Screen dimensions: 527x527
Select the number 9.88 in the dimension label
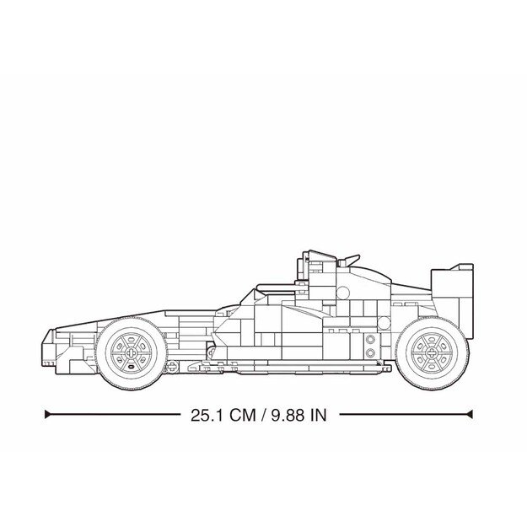285,415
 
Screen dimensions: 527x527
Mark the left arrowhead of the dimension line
48,415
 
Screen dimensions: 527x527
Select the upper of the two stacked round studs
370,339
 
